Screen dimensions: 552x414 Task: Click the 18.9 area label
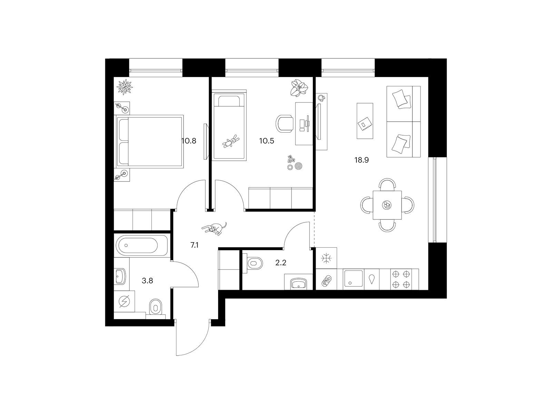(361, 160)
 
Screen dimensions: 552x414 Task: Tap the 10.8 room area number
(189, 141)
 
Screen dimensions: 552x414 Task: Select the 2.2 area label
(280, 263)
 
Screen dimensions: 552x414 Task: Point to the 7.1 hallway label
(194, 245)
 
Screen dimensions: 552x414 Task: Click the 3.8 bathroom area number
(147, 280)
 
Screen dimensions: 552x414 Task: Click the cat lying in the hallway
(214, 228)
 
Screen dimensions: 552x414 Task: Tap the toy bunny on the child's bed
(231, 141)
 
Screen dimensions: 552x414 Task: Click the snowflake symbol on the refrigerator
(326, 258)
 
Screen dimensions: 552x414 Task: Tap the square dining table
(387, 205)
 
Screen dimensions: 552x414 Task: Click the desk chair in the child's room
(285, 124)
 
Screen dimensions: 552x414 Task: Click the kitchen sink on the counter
(353, 279)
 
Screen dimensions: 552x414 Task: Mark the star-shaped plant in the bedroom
(125, 87)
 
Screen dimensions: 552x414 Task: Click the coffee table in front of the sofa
(365, 121)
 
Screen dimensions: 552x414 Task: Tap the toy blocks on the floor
(295, 162)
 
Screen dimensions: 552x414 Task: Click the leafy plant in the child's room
(299, 88)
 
